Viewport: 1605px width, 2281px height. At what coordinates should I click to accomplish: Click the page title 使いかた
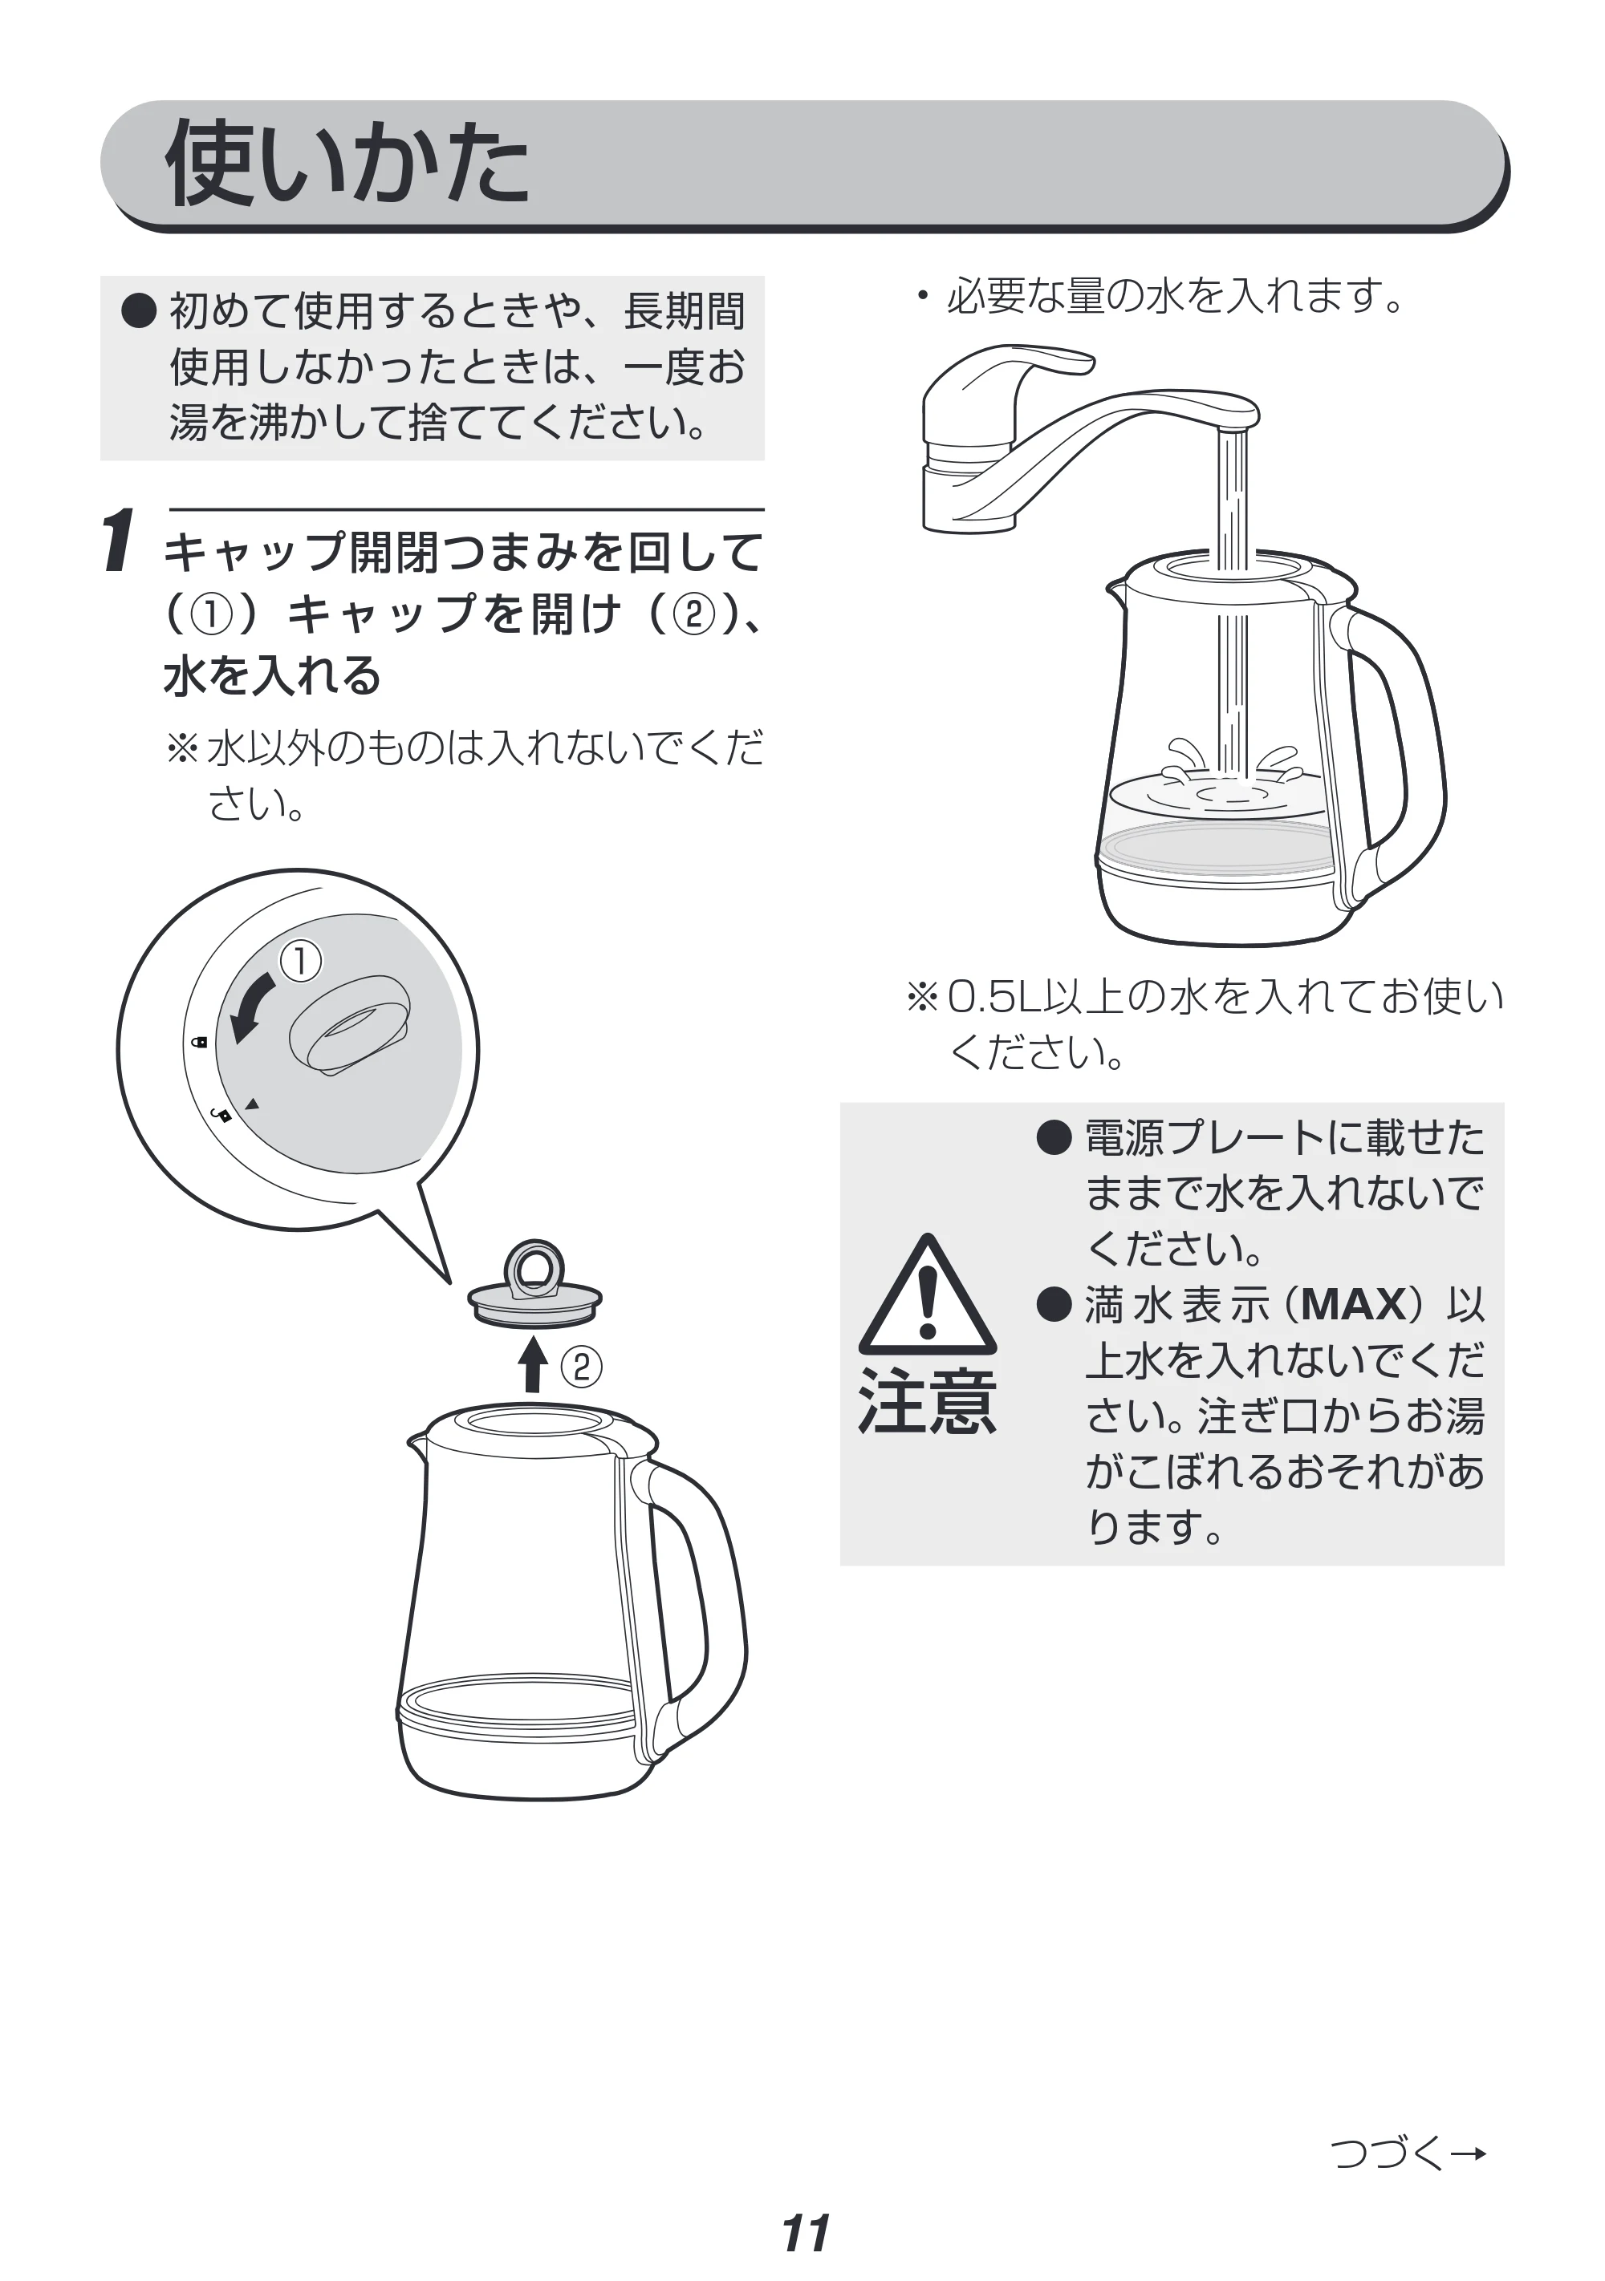(347, 164)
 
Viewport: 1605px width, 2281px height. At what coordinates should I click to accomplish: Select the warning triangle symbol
(926, 1294)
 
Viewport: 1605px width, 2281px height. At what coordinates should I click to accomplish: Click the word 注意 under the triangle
(926, 1402)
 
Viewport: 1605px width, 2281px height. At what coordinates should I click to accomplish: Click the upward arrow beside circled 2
(534, 1364)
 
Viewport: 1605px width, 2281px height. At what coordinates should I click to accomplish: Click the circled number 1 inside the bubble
(300, 962)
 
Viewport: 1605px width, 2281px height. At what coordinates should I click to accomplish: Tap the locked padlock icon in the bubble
(199, 1042)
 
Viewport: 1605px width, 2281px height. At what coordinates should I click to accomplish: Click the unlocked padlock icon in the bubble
(224, 1115)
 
